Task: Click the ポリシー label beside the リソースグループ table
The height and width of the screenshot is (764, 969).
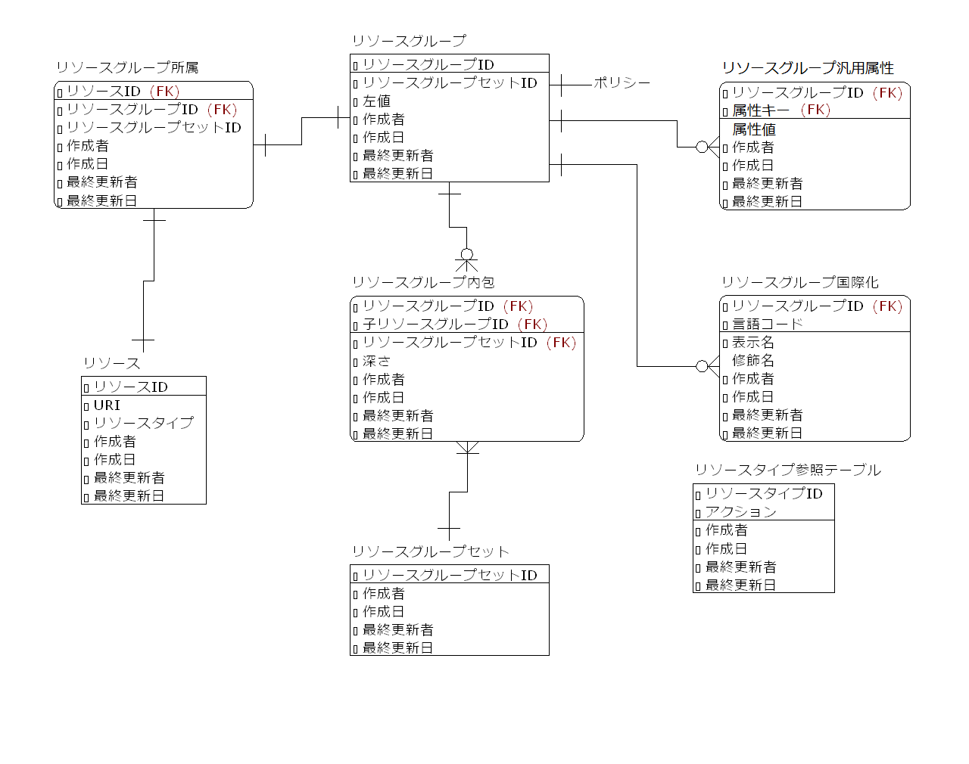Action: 622,82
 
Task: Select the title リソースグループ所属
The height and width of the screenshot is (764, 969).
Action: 127,68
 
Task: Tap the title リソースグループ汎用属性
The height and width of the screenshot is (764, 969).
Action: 808,68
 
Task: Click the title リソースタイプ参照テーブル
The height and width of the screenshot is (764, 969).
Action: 787,470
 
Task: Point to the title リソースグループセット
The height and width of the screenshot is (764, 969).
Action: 430,551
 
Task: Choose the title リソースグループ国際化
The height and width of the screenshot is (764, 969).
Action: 799,282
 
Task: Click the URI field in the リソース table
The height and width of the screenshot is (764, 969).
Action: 107,405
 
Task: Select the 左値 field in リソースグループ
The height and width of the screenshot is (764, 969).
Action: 376,101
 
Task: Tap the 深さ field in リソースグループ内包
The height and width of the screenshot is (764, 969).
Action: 376,361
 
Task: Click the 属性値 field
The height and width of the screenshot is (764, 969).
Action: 753,129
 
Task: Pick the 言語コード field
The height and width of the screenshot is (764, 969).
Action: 767,324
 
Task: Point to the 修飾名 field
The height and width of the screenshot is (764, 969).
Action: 752,360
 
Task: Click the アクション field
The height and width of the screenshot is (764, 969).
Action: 740,511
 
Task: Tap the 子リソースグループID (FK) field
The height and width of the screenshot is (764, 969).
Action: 454,325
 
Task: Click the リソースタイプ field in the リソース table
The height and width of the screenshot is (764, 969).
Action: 143,423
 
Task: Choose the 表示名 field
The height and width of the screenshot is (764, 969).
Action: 752,342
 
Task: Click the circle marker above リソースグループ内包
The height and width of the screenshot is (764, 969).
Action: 467,255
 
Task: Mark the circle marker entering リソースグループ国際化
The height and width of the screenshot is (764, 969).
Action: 702,366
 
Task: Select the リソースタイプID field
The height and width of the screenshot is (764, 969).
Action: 763,493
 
